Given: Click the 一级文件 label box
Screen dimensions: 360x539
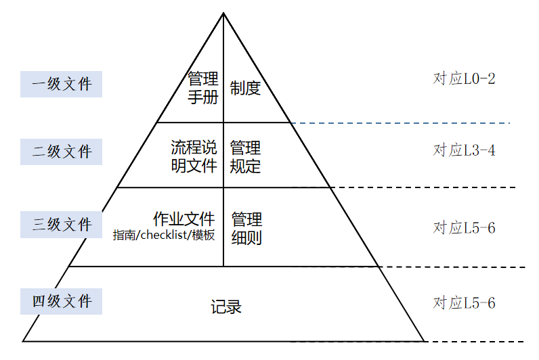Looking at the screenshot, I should pos(61,84).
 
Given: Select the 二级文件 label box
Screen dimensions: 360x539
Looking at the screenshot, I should pos(61,152).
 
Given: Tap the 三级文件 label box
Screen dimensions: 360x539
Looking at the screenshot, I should pos(61,224).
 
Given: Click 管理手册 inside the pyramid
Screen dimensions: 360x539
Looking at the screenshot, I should pos(203,88).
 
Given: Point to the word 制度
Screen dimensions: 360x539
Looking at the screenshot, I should pos(245,88).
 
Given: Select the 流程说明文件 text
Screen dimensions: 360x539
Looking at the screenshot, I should pos(194,156).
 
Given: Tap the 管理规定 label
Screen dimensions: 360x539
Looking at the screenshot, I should pos(245,156).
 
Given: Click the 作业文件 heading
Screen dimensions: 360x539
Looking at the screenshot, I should pos(184,219).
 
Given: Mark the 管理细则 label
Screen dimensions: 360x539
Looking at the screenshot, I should pos(246,228).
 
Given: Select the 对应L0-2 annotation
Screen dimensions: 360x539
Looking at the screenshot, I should pos(464,79).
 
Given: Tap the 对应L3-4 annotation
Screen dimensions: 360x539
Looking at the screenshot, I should pos(464,150).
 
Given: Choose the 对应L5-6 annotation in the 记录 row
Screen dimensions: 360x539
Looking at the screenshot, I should pos(464,303).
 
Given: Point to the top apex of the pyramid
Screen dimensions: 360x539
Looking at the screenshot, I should pos(223,13).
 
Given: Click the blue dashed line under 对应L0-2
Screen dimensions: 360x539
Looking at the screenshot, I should pos(400,123).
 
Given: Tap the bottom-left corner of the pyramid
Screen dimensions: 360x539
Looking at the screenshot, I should pos(24,340).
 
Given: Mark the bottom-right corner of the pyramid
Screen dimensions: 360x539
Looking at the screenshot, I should pos(423,340).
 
